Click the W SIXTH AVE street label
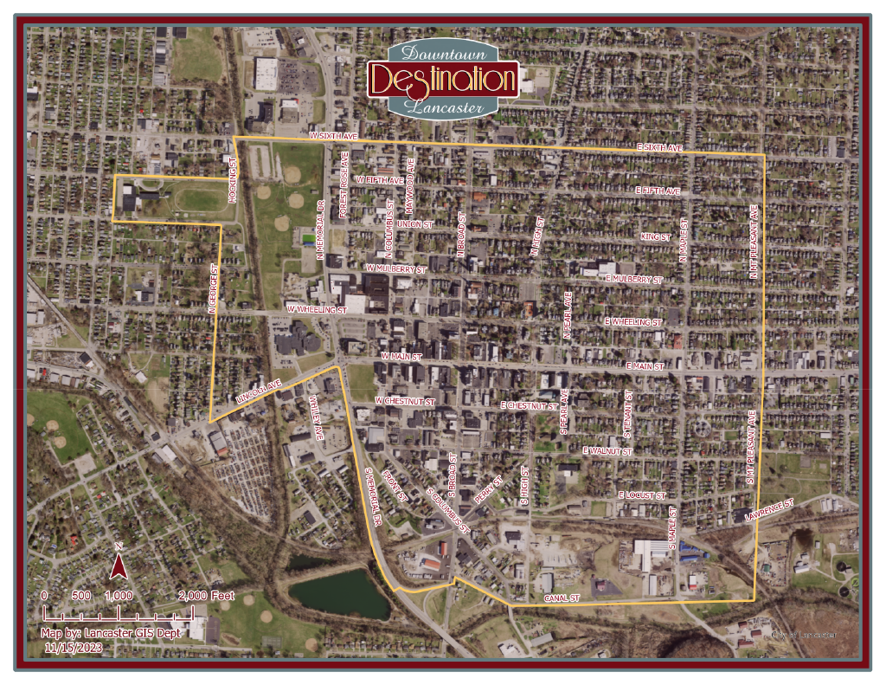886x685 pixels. click(x=333, y=137)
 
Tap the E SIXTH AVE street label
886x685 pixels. click(x=659, y=148)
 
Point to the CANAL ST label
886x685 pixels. click(x=561, y=598)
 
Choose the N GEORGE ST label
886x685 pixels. click(x=211, y=288)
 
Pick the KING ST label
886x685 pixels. click(x=655, y=236)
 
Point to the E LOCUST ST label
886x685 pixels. click(x=641, y=494)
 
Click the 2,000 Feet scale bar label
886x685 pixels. click(x=206, y=596)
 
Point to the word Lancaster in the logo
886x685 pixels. click(x=443, y=107)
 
